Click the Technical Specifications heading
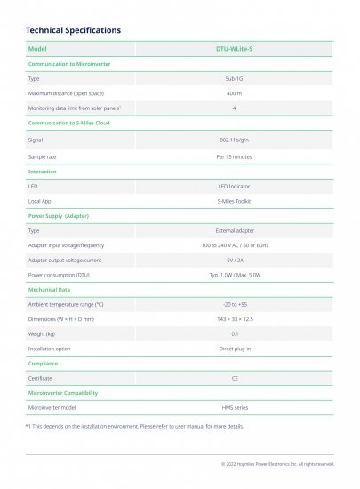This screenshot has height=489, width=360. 73,30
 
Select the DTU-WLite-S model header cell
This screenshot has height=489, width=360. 235,49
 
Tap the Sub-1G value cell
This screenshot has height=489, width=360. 235,79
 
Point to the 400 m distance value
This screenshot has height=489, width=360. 235,93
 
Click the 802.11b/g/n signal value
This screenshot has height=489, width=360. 235,140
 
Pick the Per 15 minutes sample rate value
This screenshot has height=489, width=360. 235,156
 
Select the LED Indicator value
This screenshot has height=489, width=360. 235,187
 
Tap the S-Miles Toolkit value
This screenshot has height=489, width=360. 235,201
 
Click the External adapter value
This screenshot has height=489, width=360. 235,230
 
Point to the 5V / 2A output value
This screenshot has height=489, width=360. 235,260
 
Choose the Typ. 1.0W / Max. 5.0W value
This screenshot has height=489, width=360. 235,275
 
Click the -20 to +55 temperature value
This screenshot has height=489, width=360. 235,304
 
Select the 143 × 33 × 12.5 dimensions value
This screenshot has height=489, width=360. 235,318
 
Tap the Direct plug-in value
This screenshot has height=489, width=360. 235,349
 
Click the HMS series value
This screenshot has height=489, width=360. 235,406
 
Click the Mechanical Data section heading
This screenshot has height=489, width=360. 52,289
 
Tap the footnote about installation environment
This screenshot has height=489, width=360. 133,426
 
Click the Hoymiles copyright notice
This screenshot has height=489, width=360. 277,464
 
